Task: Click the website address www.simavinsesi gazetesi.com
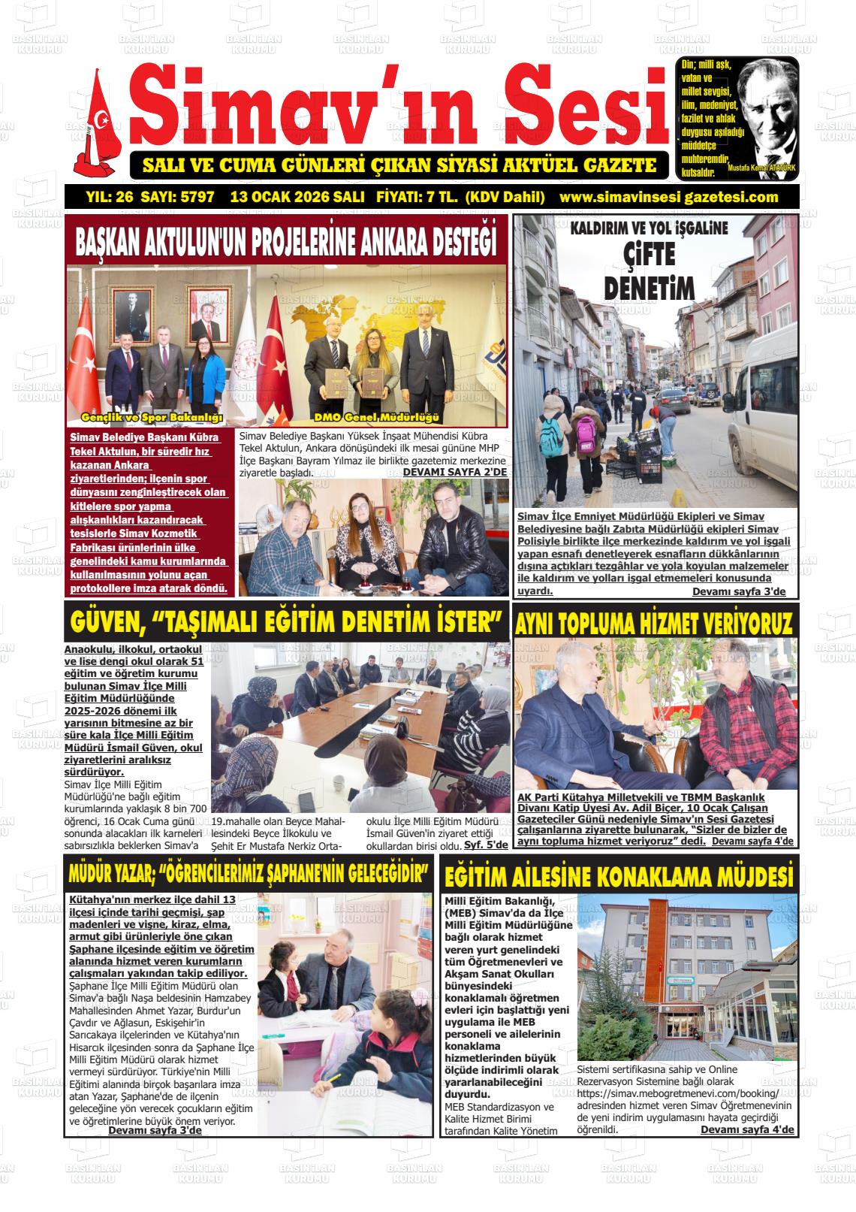coord(669,198)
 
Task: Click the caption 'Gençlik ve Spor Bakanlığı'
coord(152,417)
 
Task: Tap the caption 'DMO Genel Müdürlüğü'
coord(378,417)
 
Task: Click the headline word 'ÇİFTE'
coord(649,255)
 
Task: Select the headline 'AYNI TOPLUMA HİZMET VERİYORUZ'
coord(653,624)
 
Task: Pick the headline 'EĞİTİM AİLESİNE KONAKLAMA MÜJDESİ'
coord(619,877)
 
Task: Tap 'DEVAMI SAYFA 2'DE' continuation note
coord(455,472)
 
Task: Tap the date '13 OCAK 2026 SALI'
coord(297,198)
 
